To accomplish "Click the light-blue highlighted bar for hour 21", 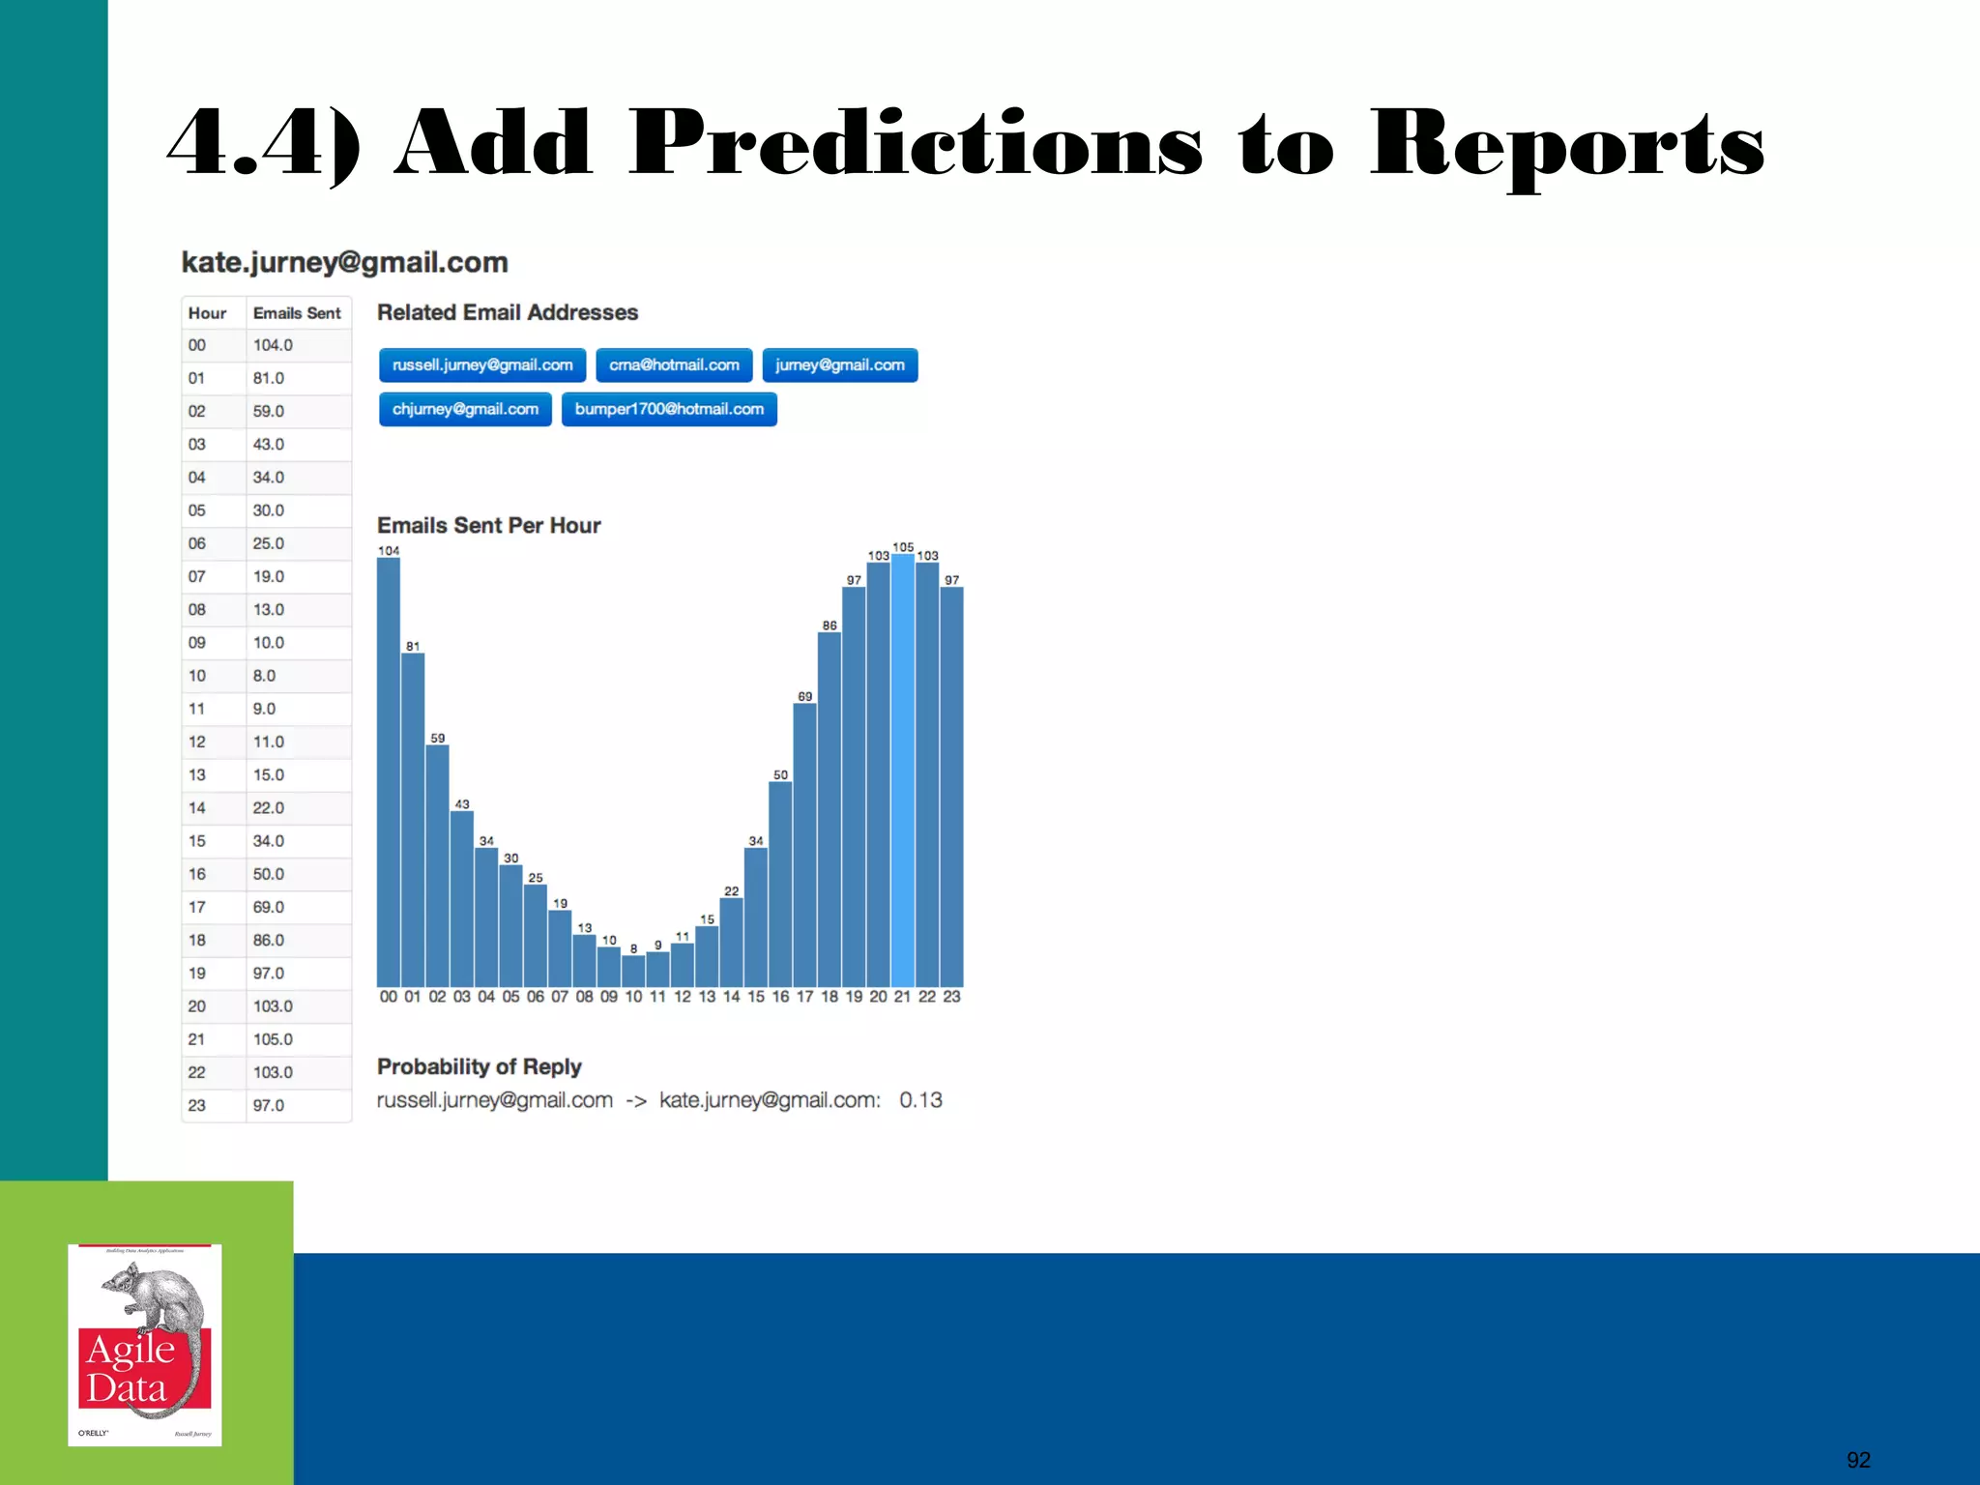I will point(902,773).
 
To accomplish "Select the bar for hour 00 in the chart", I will point(389,773).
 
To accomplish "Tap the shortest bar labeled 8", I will point(633,971).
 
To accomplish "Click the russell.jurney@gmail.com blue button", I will point(482,365).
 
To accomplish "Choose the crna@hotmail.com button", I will point(674,365).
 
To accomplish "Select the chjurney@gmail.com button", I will point(465,409).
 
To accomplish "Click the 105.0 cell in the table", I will point(273,1039).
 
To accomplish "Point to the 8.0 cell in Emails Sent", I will point(264,676).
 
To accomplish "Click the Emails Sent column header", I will point(297,313).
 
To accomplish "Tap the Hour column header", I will point(207,313).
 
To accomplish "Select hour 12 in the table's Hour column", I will point(197,742).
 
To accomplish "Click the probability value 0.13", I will point(920,1100).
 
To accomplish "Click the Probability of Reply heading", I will point(479,1066).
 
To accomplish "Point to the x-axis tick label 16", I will point(780,997).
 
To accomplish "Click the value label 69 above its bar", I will point(804,696).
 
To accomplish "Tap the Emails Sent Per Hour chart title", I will point(488,525).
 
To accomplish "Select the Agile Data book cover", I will point(145,1345).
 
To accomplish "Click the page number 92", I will point(1858,1460).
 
